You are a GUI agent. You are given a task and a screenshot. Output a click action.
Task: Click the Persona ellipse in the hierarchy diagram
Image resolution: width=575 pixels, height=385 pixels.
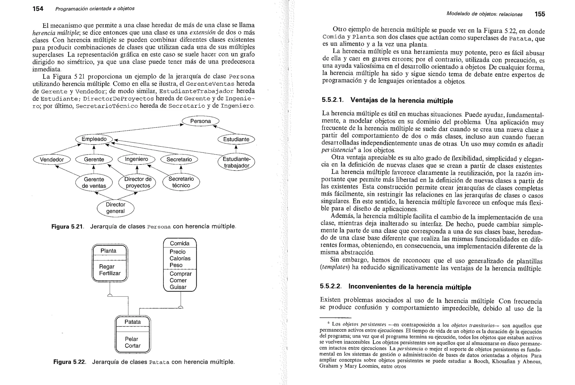point(200,121)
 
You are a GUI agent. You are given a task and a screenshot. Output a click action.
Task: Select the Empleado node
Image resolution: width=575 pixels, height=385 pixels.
point(94,139)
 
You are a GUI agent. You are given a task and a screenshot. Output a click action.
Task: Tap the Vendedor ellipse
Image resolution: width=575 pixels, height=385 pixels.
point(52,160)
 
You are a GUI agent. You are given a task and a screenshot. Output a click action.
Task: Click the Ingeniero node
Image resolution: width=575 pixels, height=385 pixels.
point(136,159)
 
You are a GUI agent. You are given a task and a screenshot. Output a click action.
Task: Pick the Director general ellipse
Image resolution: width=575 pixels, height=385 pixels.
point(115,208)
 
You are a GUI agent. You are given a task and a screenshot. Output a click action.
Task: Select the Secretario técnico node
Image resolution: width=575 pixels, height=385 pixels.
point(181,182)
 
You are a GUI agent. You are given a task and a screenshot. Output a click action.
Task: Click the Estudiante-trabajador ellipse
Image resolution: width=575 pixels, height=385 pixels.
point(236,162)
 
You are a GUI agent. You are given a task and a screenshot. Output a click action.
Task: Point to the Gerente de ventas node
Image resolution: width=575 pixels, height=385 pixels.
point(94,183)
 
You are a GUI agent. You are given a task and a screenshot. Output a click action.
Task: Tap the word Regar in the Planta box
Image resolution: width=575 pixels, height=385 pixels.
point(107,267)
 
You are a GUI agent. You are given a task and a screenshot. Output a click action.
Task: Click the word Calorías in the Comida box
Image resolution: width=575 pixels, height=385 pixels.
point(180,258)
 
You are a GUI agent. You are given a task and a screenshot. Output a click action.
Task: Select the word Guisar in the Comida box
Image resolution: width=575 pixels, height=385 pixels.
point(178,287)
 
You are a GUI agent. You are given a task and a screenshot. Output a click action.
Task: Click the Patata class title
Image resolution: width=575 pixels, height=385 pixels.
point(133,322)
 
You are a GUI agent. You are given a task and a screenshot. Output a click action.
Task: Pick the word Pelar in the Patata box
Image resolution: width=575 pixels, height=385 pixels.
point(131,339)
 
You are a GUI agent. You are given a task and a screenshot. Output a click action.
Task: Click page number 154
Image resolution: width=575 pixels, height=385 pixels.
point(38,9)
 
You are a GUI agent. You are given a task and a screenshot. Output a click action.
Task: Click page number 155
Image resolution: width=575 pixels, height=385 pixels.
point(540,14)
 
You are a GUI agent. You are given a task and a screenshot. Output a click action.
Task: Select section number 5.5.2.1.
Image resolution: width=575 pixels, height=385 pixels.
point(332,100)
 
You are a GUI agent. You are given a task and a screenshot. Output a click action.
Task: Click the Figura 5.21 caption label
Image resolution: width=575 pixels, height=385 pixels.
point(67,227)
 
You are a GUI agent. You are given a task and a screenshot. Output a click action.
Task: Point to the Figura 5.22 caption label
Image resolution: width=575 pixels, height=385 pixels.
point(69,362)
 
